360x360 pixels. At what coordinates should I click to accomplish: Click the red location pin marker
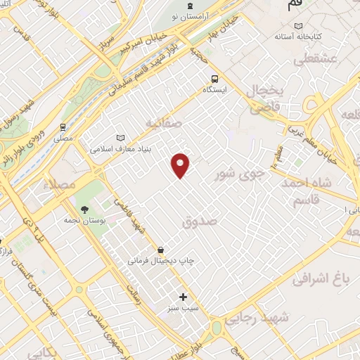pyautogui.click(x=181, y=165)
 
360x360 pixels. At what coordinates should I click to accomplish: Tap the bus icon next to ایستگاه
pyautogui.click(x=213, y=79)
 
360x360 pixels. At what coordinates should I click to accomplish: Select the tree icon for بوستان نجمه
pyautogui.click(x=84, y=210)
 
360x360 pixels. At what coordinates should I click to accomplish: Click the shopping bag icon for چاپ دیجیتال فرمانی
pyautogui.click(x=162, y=249)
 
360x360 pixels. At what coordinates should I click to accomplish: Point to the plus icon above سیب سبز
pyautogui.click(x=184, y=297)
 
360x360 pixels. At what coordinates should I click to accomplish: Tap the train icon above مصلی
pyautogui.click(x=63, y=127)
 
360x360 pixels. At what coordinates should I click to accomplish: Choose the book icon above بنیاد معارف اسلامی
pyautogui.click(x=120, y=138)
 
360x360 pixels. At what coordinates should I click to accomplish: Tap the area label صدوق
pyautogui.click(x=201, y=221)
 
